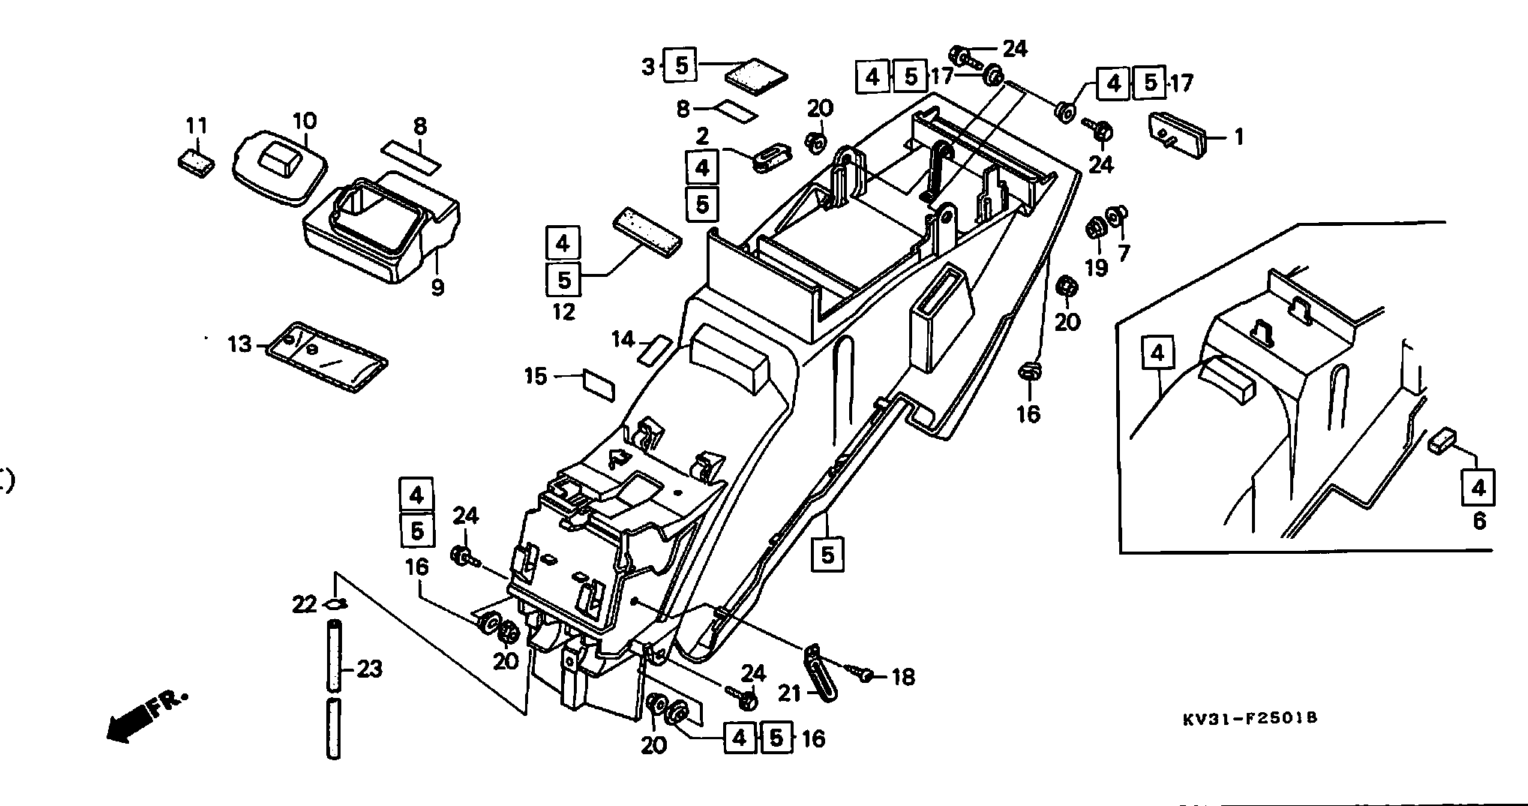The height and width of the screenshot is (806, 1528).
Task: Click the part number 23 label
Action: point(369,668)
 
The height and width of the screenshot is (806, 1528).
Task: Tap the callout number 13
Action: point(240,345)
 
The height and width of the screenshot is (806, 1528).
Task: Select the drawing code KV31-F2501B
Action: point(1250,718)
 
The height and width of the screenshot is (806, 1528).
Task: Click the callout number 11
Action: point(197,125)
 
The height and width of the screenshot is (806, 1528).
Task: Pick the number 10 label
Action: point(304,120)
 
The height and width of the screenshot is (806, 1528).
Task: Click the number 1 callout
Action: point(1238,137)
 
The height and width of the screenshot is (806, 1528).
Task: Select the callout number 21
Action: point(789,693)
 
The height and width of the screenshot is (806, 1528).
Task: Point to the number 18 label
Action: point(902,677)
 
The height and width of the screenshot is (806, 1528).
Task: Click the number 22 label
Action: point(305,603)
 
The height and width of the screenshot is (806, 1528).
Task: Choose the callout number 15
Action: point(536,375)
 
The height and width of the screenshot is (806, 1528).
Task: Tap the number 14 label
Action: point(623,339)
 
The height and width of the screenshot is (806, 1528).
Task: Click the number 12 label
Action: point(563,311)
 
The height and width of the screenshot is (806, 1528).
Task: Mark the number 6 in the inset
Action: point(1479,520)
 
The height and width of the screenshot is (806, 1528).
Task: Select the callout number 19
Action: point(1097,267)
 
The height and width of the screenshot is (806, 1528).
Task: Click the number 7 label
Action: point(1124,253)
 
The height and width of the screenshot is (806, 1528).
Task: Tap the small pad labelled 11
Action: point(197,162)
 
